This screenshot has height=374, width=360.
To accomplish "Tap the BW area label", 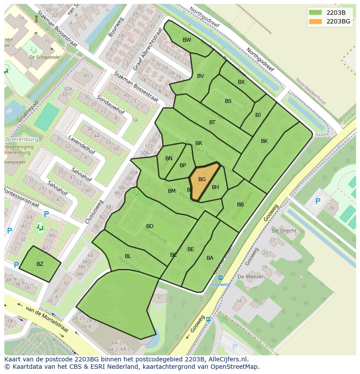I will click(x=187, y=40).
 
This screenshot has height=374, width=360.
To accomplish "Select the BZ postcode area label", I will click(x=40, y=264).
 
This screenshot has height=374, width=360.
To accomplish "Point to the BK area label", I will click(x=264, y=141).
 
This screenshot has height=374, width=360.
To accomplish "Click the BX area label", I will click(x=241, y=82).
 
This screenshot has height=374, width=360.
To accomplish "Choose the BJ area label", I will click(x=258, y=115).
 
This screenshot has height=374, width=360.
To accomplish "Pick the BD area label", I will click(x=150, y=226).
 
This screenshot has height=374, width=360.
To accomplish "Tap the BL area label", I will click(x=128, y=256).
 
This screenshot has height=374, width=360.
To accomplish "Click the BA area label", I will click(x=210, y=258).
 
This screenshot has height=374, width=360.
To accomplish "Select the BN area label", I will click(x=169, y=159).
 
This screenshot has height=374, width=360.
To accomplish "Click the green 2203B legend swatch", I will click(x=316, y=13).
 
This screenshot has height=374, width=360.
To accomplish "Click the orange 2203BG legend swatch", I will click(x=316, y=21).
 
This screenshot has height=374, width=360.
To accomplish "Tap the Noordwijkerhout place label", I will click(x=310, y=91).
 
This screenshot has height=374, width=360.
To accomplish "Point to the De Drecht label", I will click(x=284, y=231).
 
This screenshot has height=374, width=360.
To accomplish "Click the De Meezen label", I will click(x=248, y=277).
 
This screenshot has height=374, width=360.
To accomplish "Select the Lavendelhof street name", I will click(x=81, y=145).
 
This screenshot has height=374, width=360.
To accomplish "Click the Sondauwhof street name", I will click(x=111, y=105).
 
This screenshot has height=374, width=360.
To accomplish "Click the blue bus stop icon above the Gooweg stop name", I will click(x=220, y=278).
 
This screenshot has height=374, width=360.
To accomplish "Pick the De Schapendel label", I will click(x=45, y=57).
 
